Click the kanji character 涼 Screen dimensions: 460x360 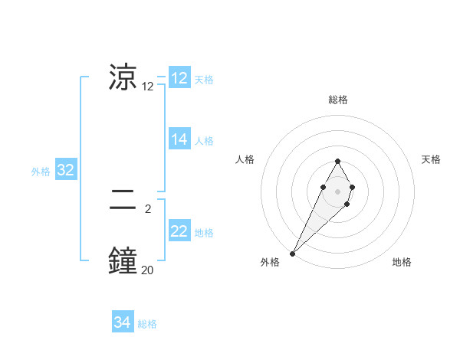tap(123, 77)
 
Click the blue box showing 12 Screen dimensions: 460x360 tap(179, 78)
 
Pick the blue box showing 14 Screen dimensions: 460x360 tap(179, 139)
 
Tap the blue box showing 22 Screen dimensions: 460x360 tap(179, 231)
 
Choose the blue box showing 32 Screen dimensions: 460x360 tap(65, 170)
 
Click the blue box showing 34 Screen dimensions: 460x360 tap(122, 322)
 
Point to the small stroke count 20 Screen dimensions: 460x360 tap(147, 269)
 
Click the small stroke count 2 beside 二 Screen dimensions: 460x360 tap(147, 208)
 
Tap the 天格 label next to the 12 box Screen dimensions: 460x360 tap(204, 80)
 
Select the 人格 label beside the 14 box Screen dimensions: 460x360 tap(204, 141)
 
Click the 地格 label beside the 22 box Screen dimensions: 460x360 tap(204, 233)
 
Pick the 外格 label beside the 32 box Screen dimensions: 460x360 tap(41, 172)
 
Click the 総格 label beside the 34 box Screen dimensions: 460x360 tap(147, 324)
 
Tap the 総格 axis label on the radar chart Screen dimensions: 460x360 tap(337, 100)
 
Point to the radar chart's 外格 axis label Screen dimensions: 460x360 tap(270, 263)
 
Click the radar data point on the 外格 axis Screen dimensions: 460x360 tap(293, 253)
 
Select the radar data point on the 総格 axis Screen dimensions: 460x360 tap(337, 161)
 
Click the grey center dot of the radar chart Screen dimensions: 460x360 tap(337, 191)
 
